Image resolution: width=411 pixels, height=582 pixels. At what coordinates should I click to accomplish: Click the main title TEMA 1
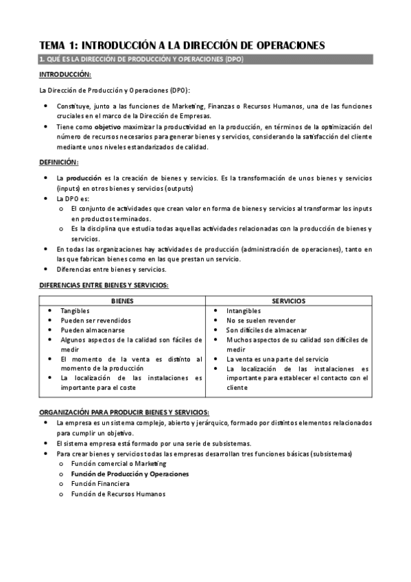(181, 45)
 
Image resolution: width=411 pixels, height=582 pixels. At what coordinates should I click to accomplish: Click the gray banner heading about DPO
(141, 60)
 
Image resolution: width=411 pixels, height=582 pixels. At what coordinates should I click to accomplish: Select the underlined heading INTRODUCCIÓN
(65, 74)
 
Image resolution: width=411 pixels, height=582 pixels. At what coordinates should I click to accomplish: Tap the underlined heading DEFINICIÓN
(59, 162)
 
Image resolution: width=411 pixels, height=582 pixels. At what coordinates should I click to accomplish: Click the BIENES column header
(122, 301)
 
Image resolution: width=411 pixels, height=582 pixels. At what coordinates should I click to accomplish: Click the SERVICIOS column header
(289, 301)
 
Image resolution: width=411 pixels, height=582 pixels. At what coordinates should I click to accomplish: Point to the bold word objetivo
(107, 127)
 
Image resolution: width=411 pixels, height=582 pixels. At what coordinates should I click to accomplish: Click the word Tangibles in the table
(75, 311)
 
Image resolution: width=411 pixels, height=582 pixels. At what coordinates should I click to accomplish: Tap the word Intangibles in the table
(244, 311)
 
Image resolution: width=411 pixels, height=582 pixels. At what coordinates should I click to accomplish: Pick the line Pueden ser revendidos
(95, 321)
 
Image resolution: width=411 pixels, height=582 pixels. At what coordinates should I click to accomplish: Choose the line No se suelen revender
(261, 321)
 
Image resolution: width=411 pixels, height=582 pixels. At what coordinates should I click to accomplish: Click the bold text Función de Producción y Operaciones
(130, 474)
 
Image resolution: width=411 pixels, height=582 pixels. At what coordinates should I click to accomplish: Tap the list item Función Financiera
(100, 483)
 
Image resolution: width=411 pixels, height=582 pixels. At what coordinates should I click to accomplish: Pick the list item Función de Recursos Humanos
(118, 493)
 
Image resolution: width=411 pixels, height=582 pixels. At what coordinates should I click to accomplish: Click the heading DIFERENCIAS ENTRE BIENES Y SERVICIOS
(104, 285)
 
